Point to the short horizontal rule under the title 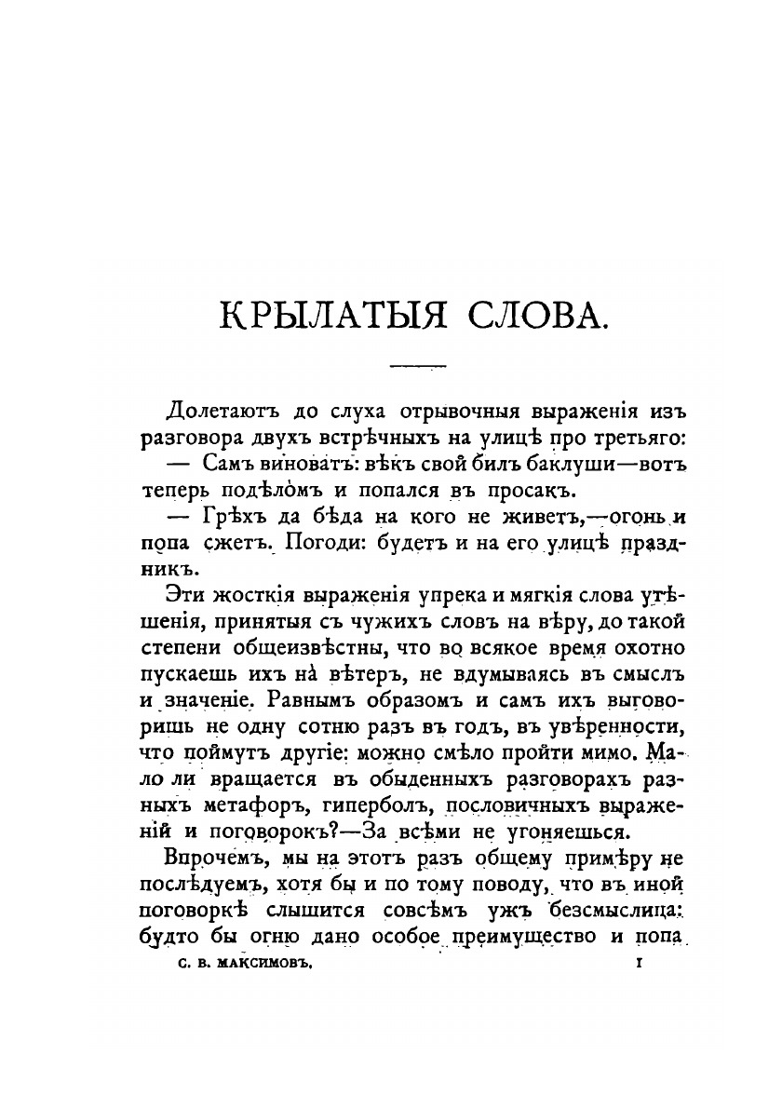click(418, 366)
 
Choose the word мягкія click(544, 594)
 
